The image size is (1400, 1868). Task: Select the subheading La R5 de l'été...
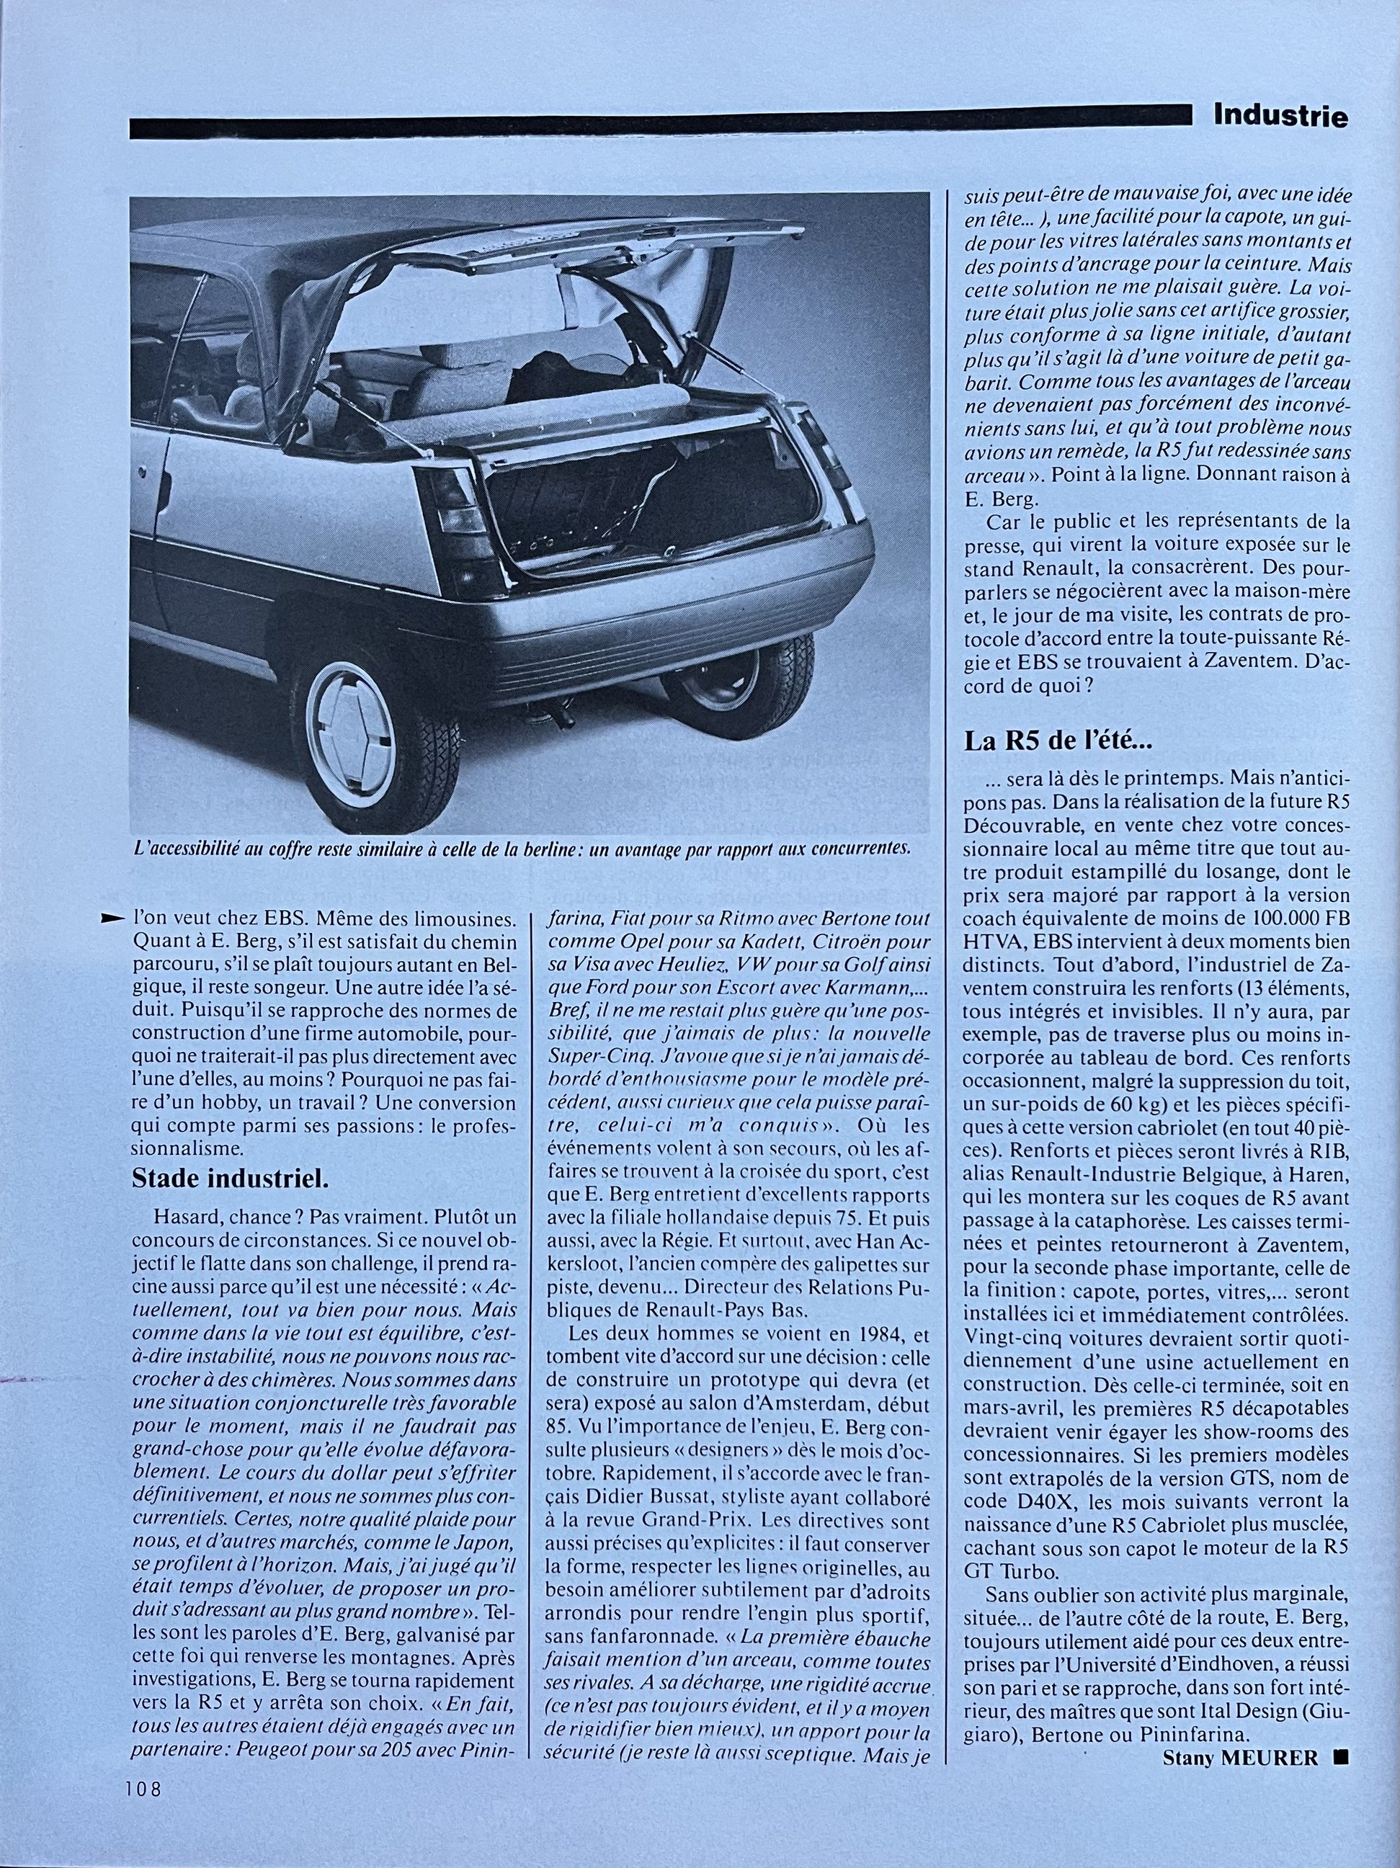(x=1056, y=742)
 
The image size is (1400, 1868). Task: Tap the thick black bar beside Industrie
(x=659, y=127)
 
